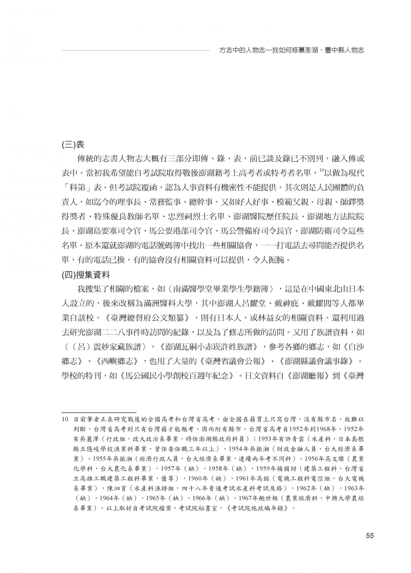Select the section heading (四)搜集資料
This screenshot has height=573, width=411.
point(86,275)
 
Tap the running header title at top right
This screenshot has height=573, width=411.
point(291,51)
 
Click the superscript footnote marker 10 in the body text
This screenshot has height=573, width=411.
point(320,171)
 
